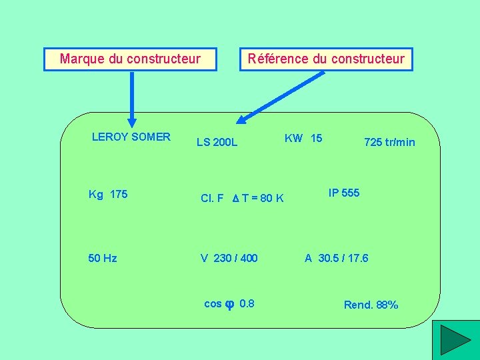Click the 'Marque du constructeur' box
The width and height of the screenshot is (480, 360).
pos(131,59)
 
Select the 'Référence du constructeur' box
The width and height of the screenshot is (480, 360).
pos(326,59)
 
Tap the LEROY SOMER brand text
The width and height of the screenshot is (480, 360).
pos(131,137)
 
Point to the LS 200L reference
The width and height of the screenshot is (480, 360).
pos(217,142)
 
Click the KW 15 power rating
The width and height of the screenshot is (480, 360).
pos(303,138)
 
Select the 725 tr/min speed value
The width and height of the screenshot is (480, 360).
pos(389,142)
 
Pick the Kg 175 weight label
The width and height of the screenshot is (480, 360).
pos(108,194)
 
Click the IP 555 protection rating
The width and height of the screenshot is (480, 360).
pos(344,193)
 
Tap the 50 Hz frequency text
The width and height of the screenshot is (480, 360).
pos(103,258)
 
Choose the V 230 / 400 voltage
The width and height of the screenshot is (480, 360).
pos(229,258)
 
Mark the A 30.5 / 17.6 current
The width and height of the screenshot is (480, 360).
pos(337,258)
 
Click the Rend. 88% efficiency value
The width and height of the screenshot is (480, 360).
pos(371,305)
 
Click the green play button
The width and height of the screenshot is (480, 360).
pos(455,340)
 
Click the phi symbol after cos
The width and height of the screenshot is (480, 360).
pos(229,304)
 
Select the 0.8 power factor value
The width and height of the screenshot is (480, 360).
pos(246,303)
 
